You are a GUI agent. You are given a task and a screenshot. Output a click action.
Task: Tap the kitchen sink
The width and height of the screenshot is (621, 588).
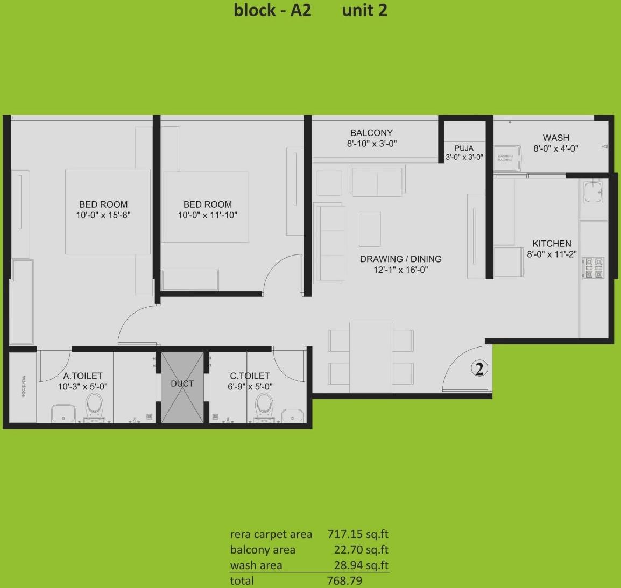pos(593,192)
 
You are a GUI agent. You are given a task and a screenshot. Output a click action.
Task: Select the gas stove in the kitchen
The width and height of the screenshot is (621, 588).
pos(593,267)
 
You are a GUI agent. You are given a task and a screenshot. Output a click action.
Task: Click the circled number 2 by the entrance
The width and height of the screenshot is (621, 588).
pos(479,369)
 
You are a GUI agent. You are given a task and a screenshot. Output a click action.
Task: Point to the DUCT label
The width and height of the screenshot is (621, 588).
pos(182,384)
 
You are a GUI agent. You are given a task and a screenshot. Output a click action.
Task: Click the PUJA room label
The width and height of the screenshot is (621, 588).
pos(464,148)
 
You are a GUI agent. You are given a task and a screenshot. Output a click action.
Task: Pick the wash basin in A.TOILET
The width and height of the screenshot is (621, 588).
pos(63,414)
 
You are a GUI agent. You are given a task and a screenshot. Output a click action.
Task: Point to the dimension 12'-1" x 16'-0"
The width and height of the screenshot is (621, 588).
pos(401,270)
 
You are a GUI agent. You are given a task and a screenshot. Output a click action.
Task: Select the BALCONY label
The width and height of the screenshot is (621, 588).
pos(371,133)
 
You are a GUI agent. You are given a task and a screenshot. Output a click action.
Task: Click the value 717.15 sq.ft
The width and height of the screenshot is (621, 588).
pos(358,534)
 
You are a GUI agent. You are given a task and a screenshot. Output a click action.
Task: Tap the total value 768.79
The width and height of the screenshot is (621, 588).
pos(344,580)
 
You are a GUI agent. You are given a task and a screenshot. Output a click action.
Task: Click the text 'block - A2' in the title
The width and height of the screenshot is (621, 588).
pos(272,10)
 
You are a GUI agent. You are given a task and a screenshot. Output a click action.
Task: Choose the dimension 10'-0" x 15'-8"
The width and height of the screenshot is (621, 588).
pos(103,215)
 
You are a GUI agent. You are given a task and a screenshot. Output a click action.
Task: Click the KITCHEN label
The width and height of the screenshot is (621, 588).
pos(552,244)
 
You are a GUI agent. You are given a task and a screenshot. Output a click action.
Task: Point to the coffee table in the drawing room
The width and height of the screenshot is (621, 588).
pos(370,229)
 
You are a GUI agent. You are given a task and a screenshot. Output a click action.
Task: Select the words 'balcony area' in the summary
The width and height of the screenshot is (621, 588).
pos(263,550)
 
